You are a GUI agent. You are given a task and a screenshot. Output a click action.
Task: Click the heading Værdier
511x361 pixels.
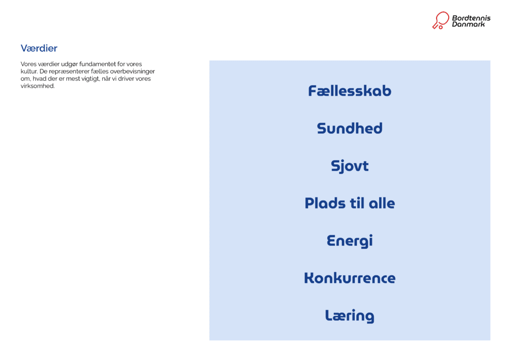[39, 48]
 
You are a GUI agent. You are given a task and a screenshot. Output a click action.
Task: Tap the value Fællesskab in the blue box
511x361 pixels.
[349, 91]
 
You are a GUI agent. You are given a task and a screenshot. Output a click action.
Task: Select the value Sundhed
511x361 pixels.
[349, 128]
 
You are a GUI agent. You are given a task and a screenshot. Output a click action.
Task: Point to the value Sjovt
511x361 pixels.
[349, 166]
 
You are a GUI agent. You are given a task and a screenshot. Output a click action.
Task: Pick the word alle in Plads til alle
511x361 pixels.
[382, 203]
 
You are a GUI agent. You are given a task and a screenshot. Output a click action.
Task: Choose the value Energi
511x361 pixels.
[349, 241]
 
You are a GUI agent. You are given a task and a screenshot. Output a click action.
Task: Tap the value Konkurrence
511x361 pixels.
[349, 278]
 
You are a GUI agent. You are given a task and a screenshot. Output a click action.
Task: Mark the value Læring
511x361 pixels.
[349, 316]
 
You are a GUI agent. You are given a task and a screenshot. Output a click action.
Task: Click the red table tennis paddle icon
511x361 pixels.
[440, 20]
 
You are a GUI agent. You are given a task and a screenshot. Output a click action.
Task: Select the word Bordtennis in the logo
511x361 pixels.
[471, 18]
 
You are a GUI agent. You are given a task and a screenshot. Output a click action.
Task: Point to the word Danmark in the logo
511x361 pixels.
[468, 24]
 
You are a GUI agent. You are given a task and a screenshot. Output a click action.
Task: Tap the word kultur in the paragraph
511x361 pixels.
[29, 71]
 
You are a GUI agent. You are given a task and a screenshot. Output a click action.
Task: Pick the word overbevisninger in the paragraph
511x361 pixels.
[135, 71]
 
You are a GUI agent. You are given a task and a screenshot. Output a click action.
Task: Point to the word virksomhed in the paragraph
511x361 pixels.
[37, 86]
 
